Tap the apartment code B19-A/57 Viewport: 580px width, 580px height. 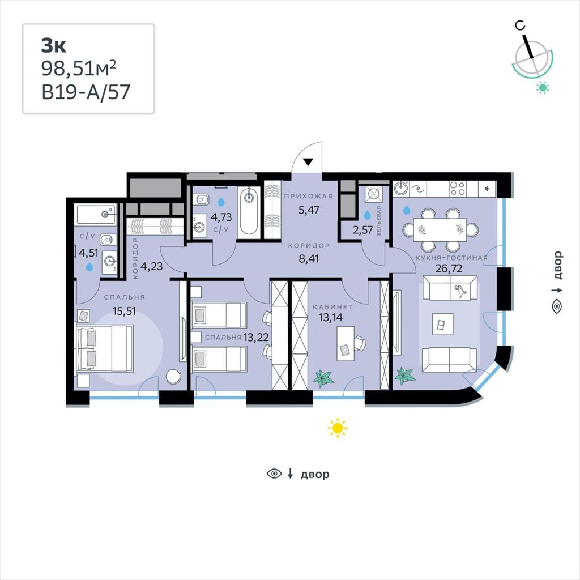tap(86, 92)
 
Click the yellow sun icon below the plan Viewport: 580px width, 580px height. tap(338, 428)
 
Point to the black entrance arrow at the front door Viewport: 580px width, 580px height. tap(308, 161)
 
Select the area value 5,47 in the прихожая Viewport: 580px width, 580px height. tap(309, 210)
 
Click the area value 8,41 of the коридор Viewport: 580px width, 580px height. tap(309, 258)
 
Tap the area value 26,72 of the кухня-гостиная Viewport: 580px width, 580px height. tap(449, 268)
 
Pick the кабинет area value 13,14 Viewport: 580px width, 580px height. tap(331, 317)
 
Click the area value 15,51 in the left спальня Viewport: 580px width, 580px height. tap(124, 311)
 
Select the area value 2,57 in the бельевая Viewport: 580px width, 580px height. tap(362, 230)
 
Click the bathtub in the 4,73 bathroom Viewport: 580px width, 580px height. tap(249, 211)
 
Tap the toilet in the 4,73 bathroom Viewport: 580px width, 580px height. tap(202, 200)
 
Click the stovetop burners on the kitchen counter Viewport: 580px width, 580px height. tap(458, 189)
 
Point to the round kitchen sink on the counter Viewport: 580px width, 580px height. tap(400, 189)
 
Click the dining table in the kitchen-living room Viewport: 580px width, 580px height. tap(440, 230)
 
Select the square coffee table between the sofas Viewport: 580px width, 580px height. tap(442, 325)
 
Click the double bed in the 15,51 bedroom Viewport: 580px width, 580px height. tap(104, 348)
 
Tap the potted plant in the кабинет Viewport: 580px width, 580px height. tap(323, 378)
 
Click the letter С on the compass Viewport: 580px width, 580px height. tap(520, 25)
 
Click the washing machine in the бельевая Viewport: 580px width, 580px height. tap(373, 194)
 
